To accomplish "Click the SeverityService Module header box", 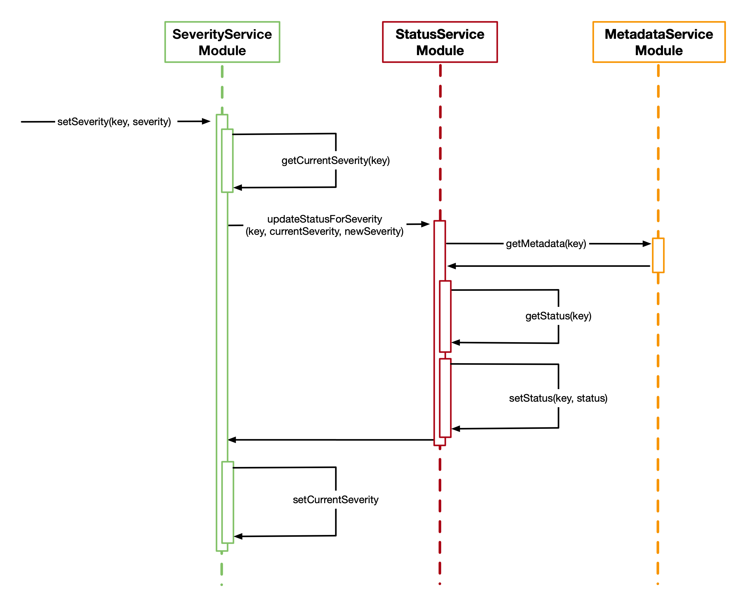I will pos(222,42).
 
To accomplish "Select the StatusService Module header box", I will pos(440,42).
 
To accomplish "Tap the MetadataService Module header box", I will pos(659,42).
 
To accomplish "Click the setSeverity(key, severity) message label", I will pos(114,122).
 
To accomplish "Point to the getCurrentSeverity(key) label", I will pos(335,160).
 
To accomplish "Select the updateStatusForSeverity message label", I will pos(324,225).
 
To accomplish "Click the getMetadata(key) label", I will pos(546,244).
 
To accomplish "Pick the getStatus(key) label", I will pos(558,316).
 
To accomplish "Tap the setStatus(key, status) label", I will pos(558,398).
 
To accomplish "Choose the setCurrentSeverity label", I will pos(335,500).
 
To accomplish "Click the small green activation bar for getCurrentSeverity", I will pos(227,160).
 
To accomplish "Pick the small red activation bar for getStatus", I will pos(445,316).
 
